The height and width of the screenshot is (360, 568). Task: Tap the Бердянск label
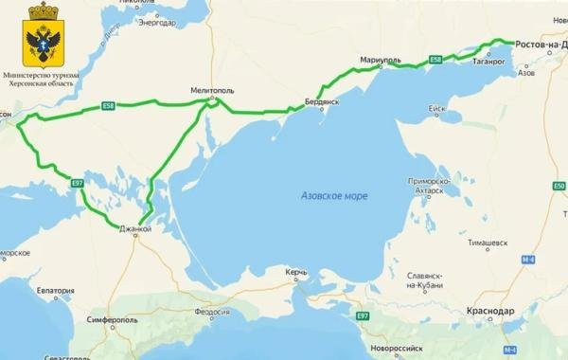click(322, 101)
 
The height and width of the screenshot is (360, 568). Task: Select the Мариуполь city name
click(381, 61)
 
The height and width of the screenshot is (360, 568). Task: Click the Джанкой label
click(135, 228)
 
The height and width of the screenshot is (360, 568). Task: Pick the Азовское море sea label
click(334, 195)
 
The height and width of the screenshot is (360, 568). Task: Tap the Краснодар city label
click(490, 311)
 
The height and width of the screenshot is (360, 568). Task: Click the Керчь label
click(296, 273)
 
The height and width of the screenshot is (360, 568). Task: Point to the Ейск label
click(436, 109)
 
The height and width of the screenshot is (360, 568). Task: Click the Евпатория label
click(55, 291)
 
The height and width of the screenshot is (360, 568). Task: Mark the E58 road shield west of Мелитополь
click(109, 107)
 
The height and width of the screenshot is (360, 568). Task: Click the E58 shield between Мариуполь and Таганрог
click(435, 60)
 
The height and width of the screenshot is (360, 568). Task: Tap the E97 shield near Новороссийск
click(363, 315)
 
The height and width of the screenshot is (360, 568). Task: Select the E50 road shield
click(558, 186)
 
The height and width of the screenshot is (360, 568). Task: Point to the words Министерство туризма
click(42, 73)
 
